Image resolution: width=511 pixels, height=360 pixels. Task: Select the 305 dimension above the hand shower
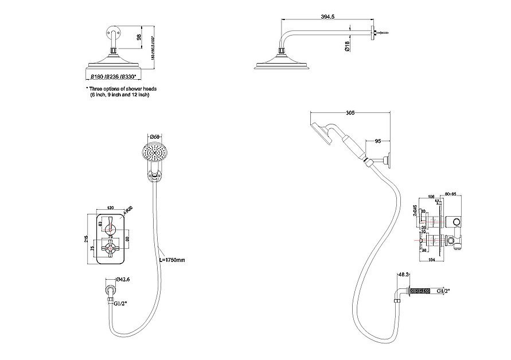[x=350, y=113]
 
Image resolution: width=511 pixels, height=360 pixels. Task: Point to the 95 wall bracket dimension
[x=378, y=140]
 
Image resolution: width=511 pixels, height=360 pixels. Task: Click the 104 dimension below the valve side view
[x=432, y=260]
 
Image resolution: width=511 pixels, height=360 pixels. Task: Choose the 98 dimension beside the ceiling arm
[x=138, y=37]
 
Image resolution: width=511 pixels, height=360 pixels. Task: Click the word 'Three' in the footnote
[x=97, y=89]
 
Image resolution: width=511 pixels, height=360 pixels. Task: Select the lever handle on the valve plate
[x=110, y=225]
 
